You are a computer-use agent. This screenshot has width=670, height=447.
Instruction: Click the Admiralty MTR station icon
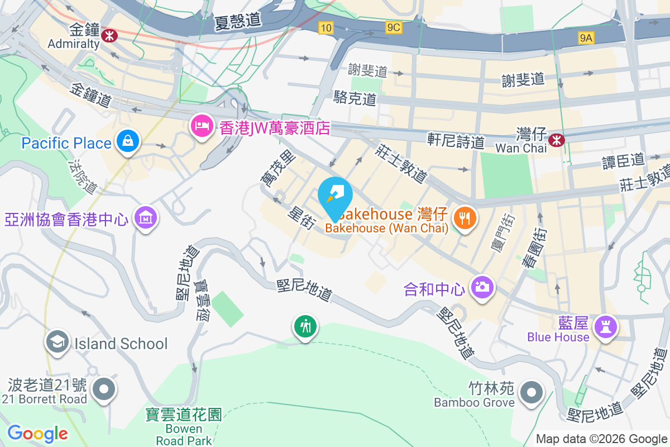[109, 35]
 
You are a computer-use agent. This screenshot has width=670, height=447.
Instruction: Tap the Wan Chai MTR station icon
[556, 140]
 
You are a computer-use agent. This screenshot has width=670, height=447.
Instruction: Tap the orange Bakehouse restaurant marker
[464, 217]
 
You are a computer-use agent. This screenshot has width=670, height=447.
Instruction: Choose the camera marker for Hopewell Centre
[481, 288]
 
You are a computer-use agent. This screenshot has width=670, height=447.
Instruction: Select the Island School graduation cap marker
[58, 343]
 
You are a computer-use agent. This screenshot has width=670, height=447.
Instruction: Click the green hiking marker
[305, 326]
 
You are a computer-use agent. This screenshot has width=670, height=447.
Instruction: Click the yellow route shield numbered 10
[327, 27]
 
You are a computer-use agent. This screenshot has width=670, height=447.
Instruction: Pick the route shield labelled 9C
[393, 27]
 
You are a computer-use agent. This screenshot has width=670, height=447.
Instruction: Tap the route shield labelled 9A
[586, 37]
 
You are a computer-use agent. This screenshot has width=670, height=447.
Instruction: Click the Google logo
[37, 434]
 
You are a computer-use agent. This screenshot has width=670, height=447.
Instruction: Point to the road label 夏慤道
[238, 21]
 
